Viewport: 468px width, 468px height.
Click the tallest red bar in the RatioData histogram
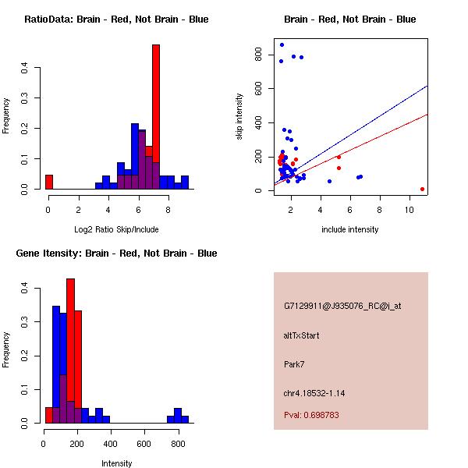tap(156, 117)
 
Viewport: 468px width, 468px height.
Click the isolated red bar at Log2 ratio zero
tap(49, 182)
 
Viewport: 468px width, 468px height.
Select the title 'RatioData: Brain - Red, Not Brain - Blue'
tap(116, 19)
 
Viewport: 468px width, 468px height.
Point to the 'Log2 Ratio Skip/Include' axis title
tap(116, 229)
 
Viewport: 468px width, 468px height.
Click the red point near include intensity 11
tap(422, 189)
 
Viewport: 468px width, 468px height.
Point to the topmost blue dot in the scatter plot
tap(282, 44)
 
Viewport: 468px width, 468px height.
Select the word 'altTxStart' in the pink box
tap(301, 336)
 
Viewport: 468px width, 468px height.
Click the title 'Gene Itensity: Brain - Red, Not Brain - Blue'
tap(116, 253)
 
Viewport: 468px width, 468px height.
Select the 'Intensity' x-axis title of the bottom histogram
tap(116, 463)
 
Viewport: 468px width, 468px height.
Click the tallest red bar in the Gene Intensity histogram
tap(71, 351)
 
